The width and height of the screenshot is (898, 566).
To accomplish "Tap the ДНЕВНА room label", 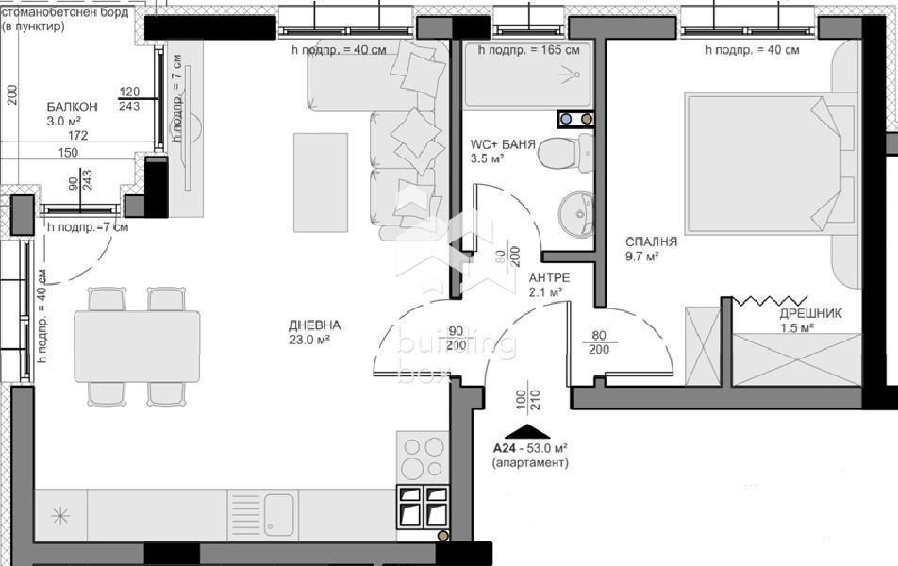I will [x=315, y=326].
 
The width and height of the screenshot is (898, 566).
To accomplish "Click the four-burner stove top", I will [x=422, y=457].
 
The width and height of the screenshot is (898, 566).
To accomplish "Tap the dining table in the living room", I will [x=137, y=346].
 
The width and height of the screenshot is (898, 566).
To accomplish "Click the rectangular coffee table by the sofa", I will [x=320, y=182].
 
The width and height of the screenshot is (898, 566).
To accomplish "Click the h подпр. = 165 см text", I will [x=528, y=50].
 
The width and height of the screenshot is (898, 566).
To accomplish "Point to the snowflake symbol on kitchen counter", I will [x=59, y=516].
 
